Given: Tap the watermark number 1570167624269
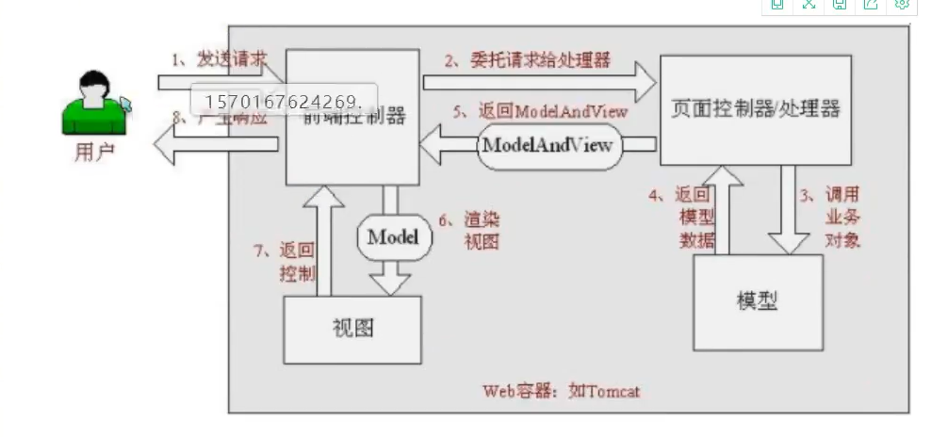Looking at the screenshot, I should click(x=284, y=100).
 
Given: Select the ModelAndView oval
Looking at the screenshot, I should click(x=548, y=145).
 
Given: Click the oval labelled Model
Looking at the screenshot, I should click(x=392, y=236).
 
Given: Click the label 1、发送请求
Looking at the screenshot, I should click(x=219, y=59).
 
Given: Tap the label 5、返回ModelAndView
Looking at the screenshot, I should click(x=540, y=111).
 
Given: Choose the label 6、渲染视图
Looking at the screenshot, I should click(x=481, y=230).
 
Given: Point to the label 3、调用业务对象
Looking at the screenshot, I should click(x=842, y=218).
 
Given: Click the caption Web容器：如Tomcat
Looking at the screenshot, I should click(x=562, y=390).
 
